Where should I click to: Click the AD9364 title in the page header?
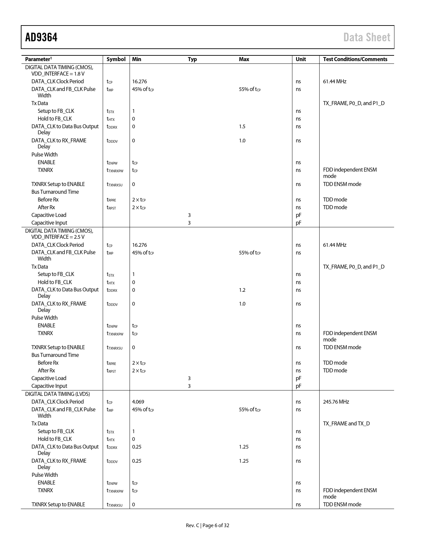point(41,37)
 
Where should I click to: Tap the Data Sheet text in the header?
point(367,37)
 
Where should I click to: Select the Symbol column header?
point(116,59)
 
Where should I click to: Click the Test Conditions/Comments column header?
point(355,59)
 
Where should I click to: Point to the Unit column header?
point(300,59)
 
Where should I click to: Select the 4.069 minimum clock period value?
point(138,402)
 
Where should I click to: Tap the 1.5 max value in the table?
point(242,127)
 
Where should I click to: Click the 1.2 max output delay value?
point(242,290)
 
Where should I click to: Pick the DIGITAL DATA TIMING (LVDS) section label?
point(57,394)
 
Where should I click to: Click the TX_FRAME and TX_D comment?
point(346,424)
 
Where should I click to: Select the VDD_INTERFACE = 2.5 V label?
point(58,237)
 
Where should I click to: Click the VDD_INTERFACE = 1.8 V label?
point(58,74)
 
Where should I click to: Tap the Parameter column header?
point(37,59)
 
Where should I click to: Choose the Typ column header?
point(192,59)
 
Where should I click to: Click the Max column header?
point(244,59)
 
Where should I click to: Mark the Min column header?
point(137,59)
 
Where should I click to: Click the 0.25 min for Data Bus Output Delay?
point(137,447)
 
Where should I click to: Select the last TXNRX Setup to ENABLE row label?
point(58,505)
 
